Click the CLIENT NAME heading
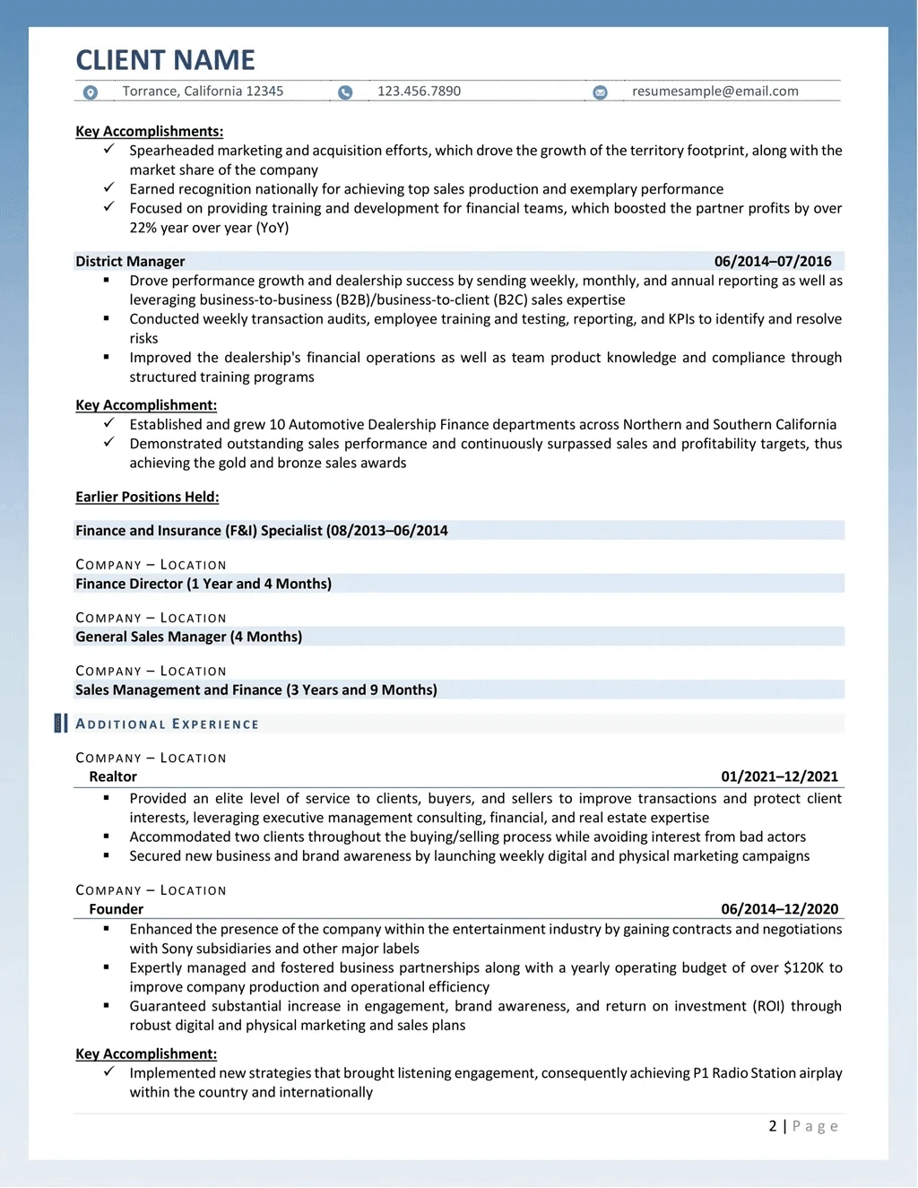coord(165,60)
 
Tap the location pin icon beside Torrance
coord(91,92)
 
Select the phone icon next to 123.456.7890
coord(345,92)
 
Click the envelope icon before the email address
coord(601,92)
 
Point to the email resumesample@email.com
coord(714,91)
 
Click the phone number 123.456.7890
coord(419,91)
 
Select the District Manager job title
coord(130,262)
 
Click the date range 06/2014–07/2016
coord(773,262)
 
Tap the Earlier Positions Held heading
coord(147,498)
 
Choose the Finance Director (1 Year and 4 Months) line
coord(204,584)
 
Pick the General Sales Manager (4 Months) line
coord(188,637)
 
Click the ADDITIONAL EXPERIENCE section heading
coord(168,724)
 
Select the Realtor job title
coord(113,777)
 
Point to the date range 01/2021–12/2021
coord(779,777)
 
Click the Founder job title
coord(116,909)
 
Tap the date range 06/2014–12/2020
coord(779,909)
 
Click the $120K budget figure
coord(802,968)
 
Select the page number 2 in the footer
coord(773,1126)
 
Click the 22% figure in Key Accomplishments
coord(143,228)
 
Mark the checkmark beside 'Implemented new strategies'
coord(108,1071)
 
